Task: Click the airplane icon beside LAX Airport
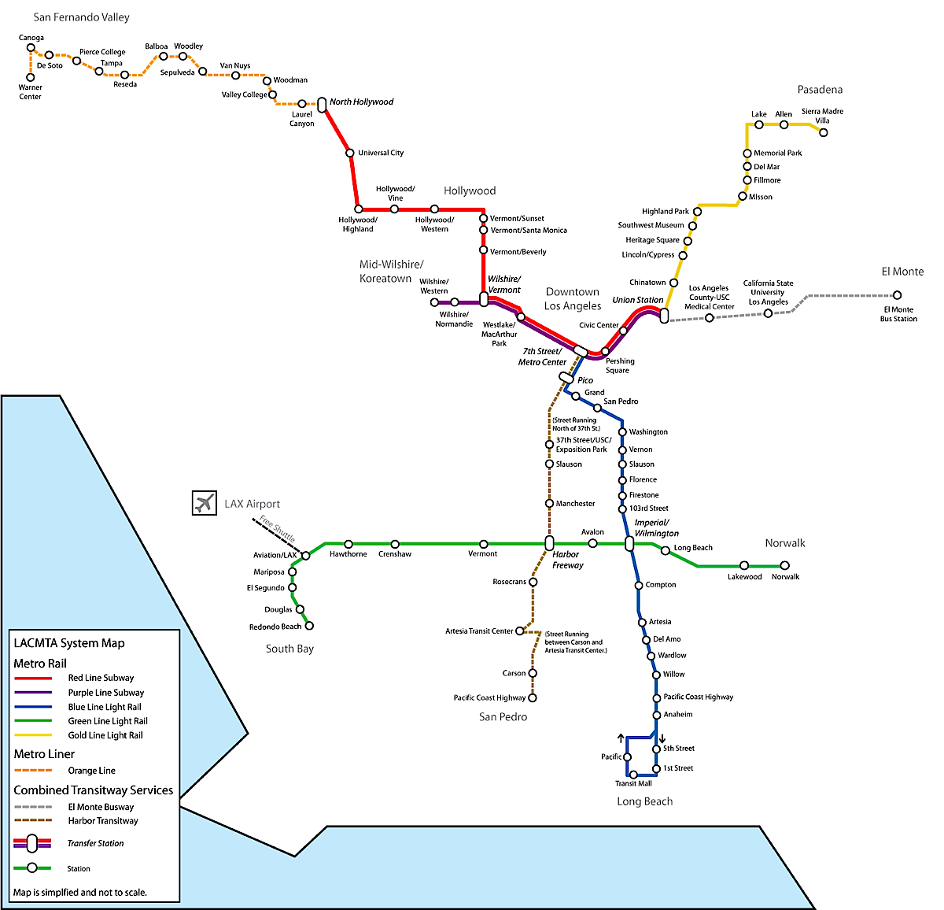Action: tap(205, 503)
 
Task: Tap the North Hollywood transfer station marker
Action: tap(322, 104)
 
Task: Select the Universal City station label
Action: tap(381, 153)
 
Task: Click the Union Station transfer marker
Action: tap(664, 316)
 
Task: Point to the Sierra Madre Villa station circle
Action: tap(824, 132)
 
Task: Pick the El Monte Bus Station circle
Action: tap(898, 296)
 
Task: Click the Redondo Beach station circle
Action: tap(309, 626)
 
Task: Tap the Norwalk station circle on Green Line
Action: tap(784, 565)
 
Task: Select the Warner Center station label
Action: tap(31, 92)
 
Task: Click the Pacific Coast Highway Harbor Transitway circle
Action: tap(533, 697)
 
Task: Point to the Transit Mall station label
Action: tap(633, 783)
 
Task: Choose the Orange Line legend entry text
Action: tap(91, 771)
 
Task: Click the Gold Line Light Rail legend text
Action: tap(105, 735)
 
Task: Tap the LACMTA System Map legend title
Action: tap(69, 643)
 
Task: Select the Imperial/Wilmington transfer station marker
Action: tap(629, 543)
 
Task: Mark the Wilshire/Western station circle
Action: tap(435, 302)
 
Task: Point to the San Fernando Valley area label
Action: tap(81, 17)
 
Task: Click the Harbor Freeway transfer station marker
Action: tap(549, 543)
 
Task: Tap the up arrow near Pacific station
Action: tap(621, 738)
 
